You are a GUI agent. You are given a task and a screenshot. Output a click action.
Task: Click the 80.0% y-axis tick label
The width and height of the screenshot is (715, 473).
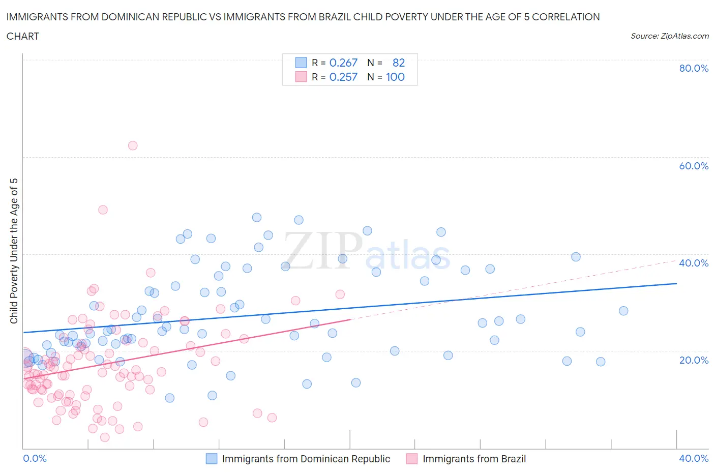click(694, 68)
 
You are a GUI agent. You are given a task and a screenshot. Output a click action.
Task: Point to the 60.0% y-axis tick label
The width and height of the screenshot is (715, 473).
click(694, 166)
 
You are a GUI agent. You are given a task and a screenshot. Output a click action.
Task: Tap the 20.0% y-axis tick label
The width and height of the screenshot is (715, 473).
click(694, 360)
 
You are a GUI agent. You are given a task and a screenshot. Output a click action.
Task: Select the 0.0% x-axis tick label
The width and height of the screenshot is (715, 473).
click(35, 458)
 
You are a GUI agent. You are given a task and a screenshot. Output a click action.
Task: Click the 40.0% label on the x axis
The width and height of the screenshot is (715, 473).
click(694, 458)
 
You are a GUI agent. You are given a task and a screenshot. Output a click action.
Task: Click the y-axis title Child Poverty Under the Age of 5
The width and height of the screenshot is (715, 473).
click(14, 251)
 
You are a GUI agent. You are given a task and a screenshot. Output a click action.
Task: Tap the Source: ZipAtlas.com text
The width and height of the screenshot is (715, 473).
click(669, 36)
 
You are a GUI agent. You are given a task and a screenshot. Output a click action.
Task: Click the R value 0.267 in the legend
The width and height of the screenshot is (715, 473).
click(343, 63)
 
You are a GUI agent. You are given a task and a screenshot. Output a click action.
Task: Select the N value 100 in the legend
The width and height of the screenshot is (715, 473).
click(395, 77)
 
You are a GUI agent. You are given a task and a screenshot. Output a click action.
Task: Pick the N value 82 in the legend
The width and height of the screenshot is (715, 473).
click(399, 63)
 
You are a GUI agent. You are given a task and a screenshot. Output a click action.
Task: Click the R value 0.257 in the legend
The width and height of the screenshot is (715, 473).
click(343, 77)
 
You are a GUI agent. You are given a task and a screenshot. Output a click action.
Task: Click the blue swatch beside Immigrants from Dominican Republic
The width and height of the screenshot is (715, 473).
click(212, 459)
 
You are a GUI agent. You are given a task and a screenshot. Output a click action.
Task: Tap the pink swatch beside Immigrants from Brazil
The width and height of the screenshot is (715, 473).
click(412, 459)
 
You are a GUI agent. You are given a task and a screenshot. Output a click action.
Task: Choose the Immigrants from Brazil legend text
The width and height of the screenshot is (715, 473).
click(474, 459)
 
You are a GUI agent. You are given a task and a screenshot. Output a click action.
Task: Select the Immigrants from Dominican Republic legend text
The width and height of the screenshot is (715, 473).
click(306, 459)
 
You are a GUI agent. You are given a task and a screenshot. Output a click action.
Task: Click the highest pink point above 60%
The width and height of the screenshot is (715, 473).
click(133, 145)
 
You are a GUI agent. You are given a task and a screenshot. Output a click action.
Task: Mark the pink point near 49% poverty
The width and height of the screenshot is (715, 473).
click(103, 210)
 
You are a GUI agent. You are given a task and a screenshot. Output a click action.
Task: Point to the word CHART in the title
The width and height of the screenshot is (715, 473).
click(23, 36)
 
